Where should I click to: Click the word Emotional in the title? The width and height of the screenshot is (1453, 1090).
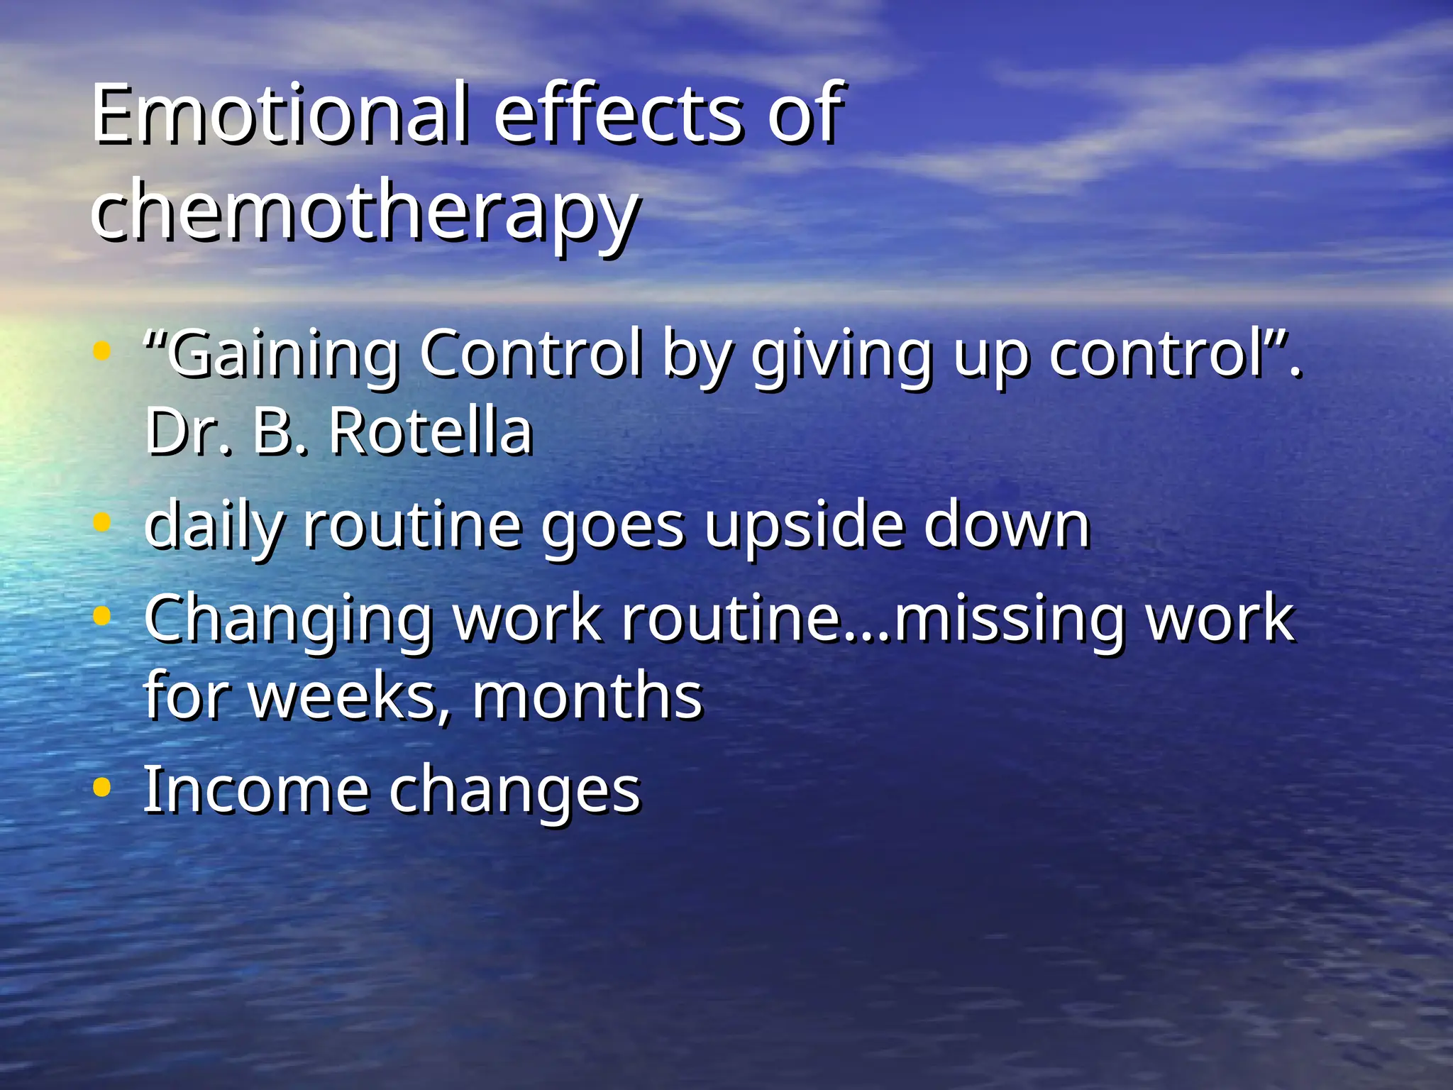coord(280,114)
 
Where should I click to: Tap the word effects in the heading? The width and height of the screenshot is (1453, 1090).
coord(617,114)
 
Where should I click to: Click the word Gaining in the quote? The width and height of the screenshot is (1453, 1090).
coord(280,355)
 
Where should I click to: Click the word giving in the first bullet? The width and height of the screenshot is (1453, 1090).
coord(841,355)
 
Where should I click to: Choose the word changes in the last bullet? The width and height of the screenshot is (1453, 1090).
coord(514,792)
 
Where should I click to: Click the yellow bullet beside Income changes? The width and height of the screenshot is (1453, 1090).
coord(102,787)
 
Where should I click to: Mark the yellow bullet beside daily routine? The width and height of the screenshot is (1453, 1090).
coord(102,523)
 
